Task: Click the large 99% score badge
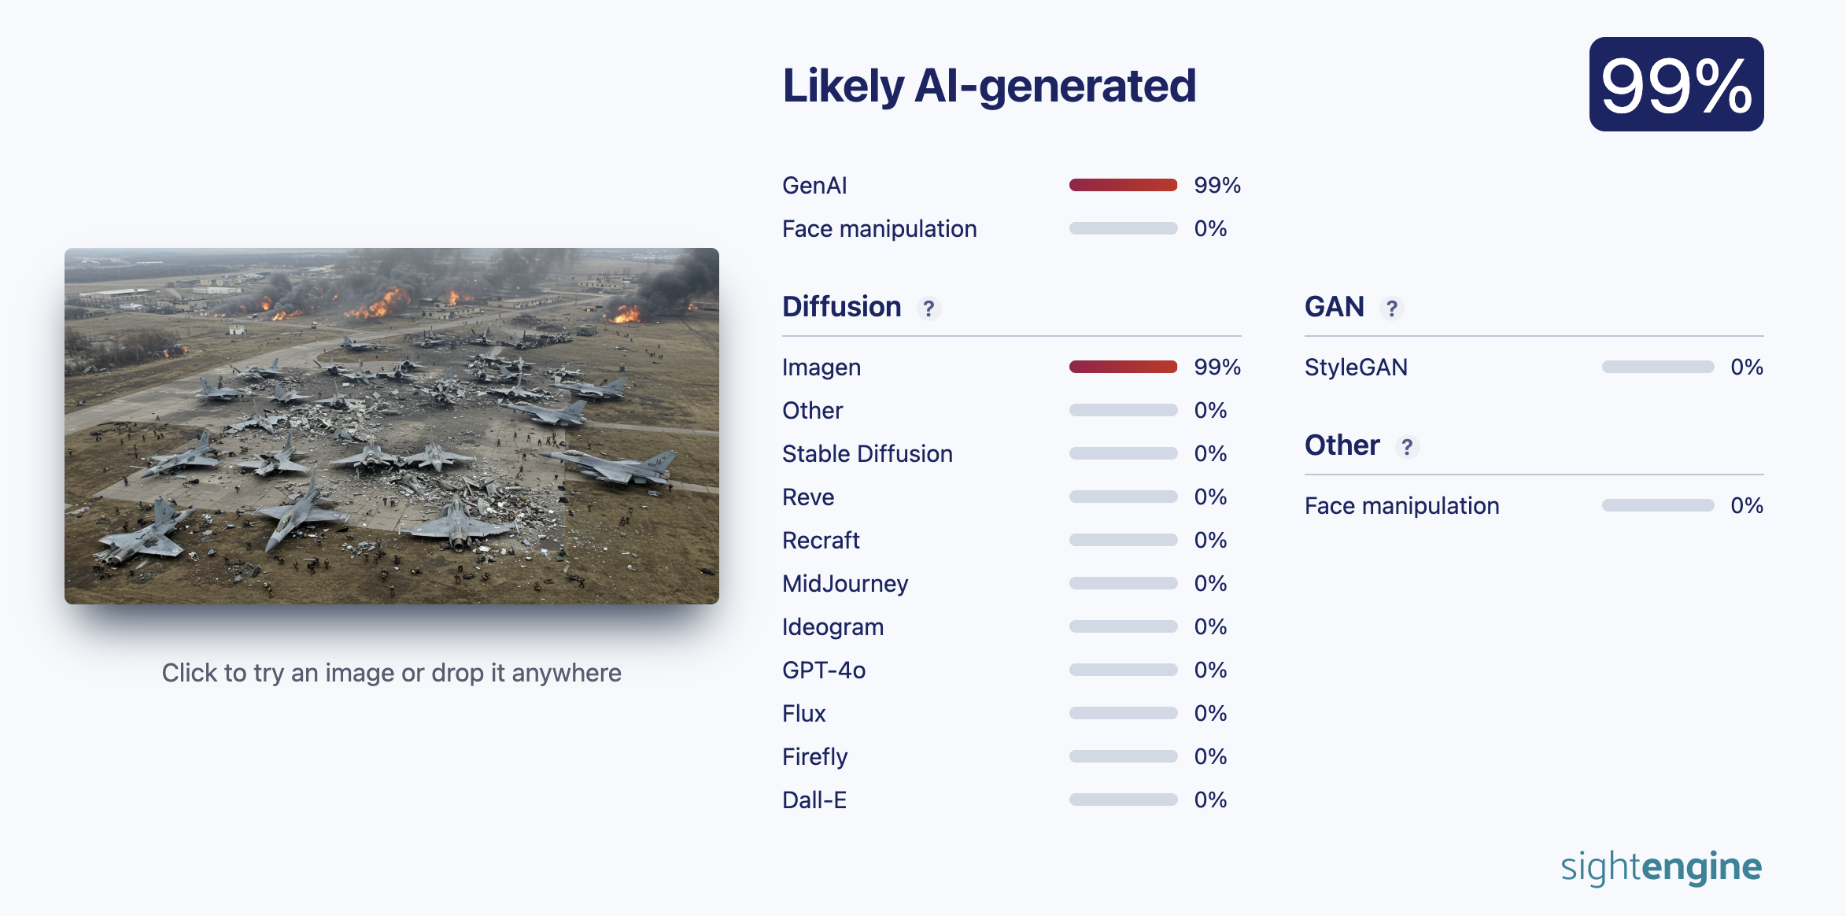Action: [x=1676, y=84]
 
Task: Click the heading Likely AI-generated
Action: [x=989, y=86]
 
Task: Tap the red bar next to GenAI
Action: [x=1123, y=185]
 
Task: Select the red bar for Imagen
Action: [x=1123, y=367]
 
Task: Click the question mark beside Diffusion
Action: [x=929, y=308]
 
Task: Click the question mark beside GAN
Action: [x=1392, y=308]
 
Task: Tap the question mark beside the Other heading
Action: [x=1407, y=447]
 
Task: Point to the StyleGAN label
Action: [x=1356, y=368]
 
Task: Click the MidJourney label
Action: [x=845, y=584]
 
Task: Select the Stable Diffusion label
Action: [x=867, y=454]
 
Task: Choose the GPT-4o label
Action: [x=824, y=670]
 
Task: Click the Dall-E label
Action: [x=814, y=800]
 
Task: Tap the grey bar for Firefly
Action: [x=1123, y=756]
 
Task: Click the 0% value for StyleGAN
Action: [x=1747, y=368]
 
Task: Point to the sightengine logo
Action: [x=1661, y=868]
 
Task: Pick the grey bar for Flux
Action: [x=1123, y=713]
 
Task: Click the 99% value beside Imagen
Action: [x=1217, y=368]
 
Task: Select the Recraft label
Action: [x=821, y=541]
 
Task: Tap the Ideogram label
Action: [x=833, y=627]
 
